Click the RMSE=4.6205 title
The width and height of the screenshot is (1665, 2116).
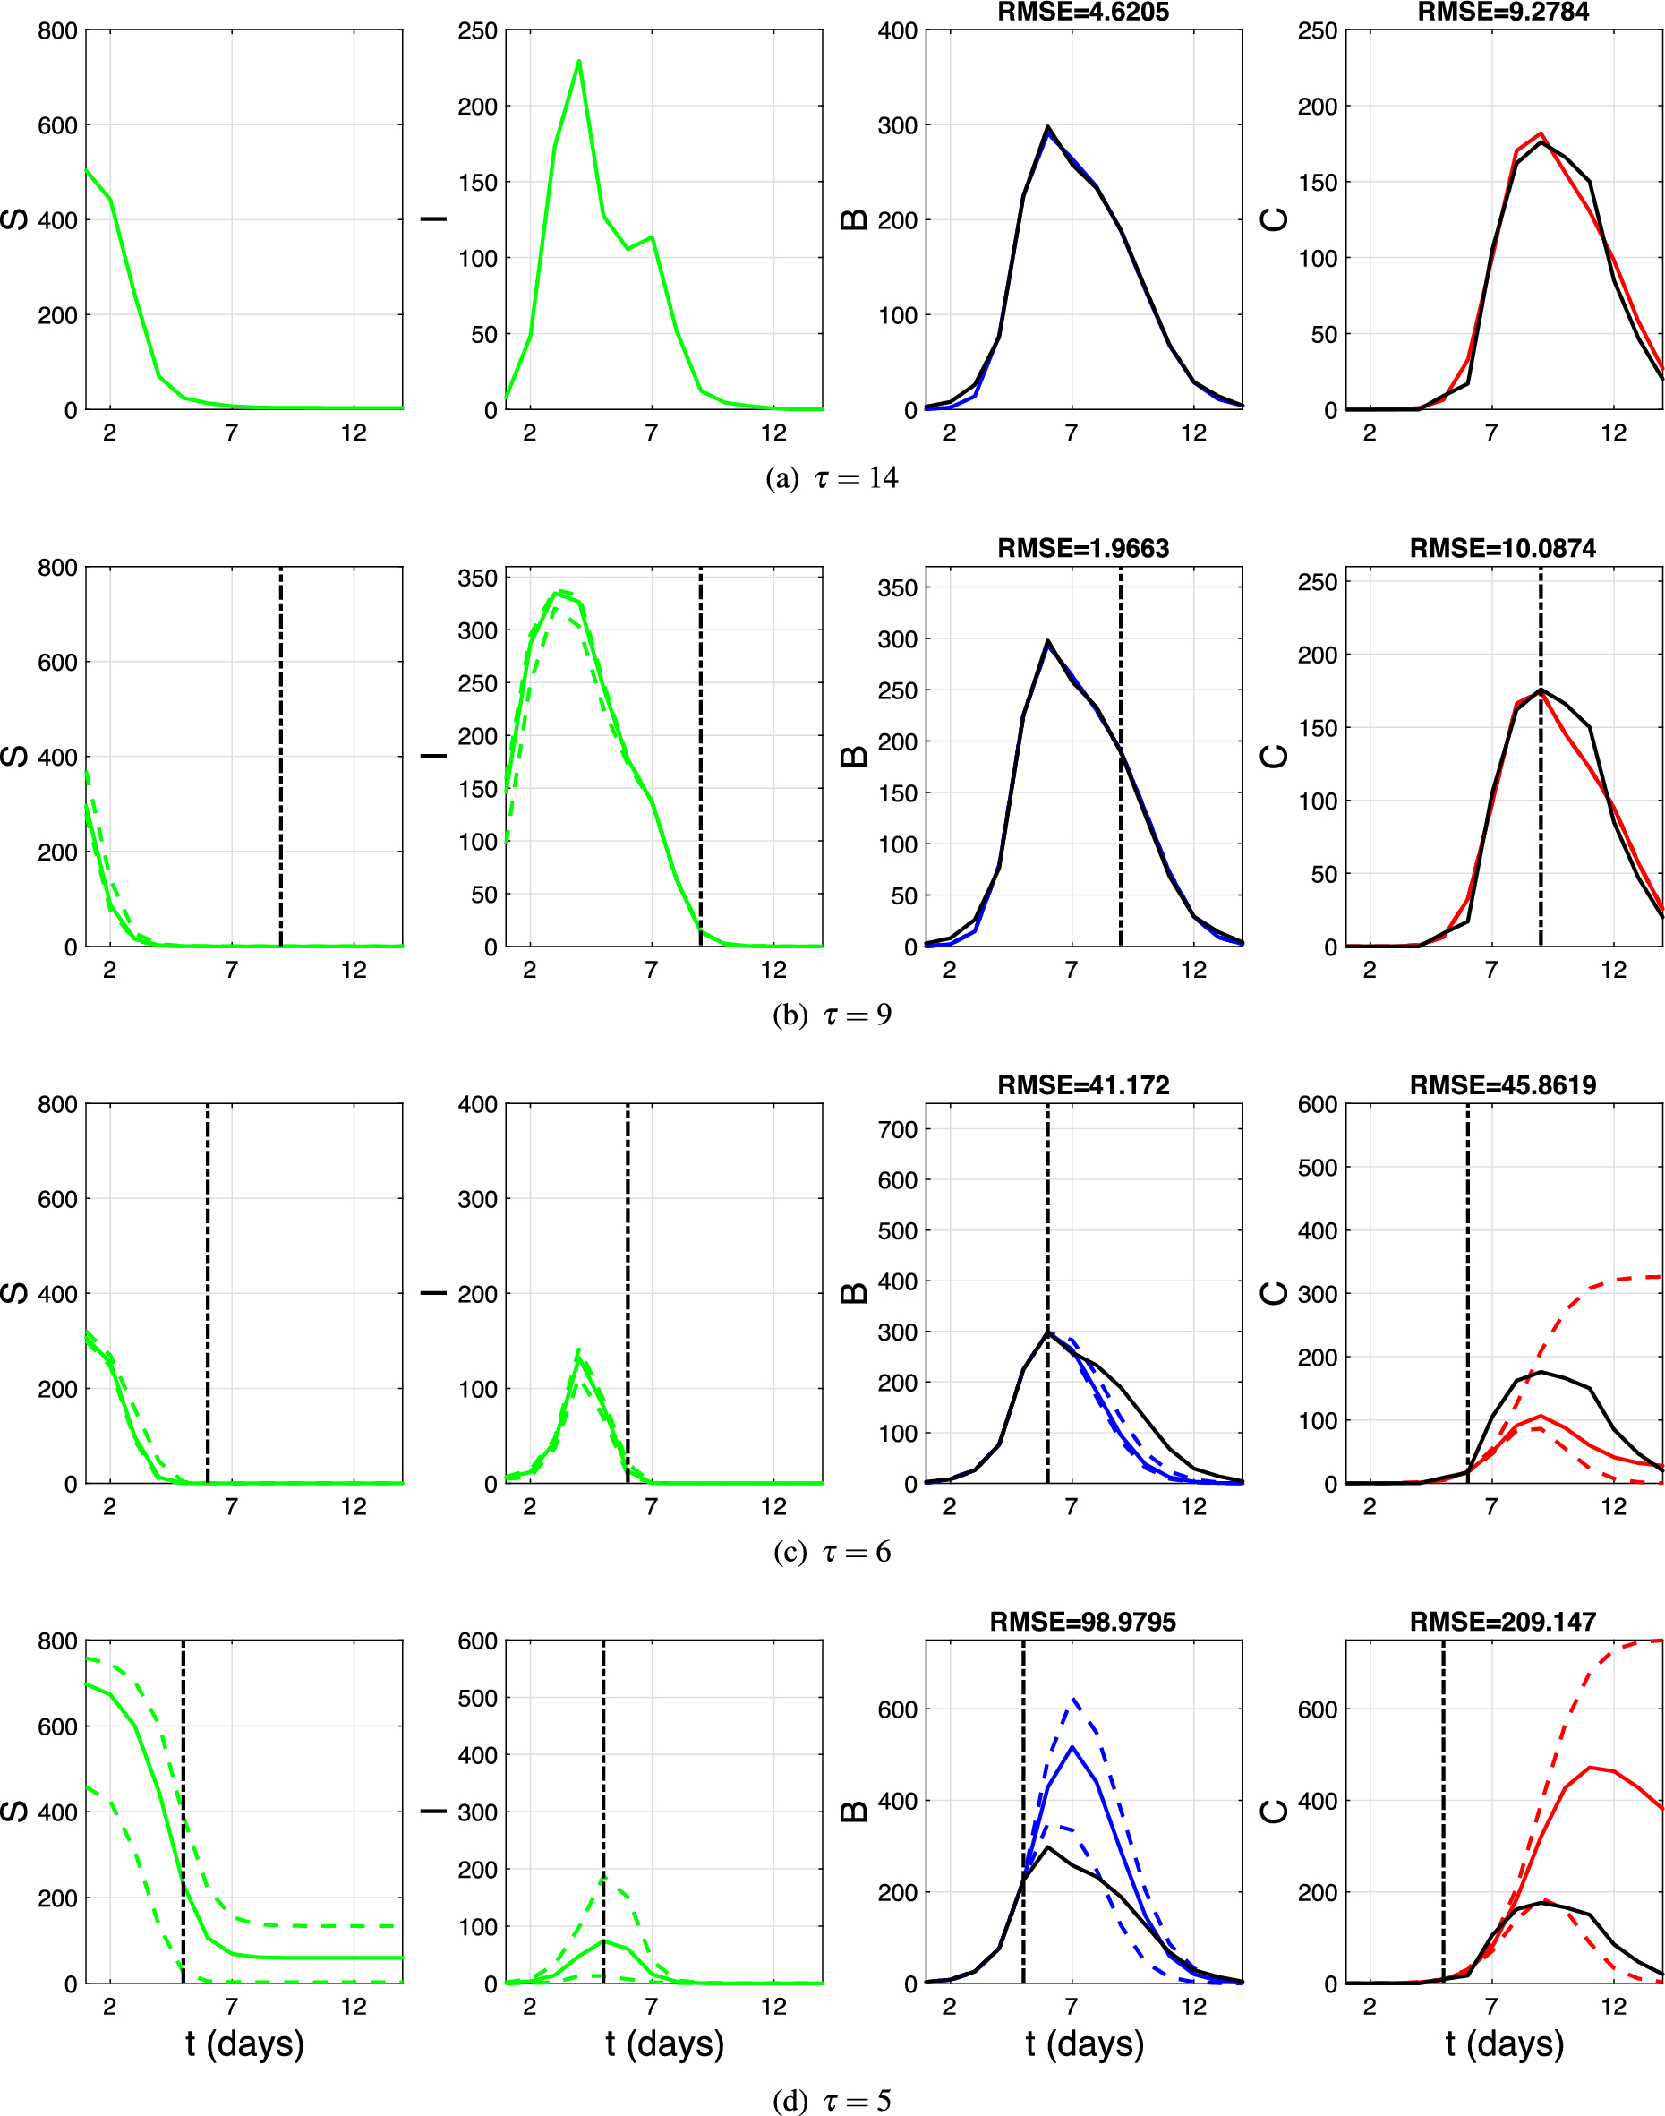point(1083,12)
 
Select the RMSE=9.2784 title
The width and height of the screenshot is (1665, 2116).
point(1503,12)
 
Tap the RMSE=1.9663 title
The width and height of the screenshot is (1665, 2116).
point(1083,548)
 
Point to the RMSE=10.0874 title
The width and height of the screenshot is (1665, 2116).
point(1503,548)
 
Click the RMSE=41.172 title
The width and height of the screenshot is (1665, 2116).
point(1083,1085)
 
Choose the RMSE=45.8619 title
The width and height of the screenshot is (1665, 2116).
point(1503,1085)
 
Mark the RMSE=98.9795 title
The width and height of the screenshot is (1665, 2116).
point(1083,1622)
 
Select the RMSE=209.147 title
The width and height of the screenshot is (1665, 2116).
point(1503,1622)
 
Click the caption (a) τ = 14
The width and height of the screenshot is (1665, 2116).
point(832,478)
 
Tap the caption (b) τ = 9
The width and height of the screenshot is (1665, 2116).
point(832,1015)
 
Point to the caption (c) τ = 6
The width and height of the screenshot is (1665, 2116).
point(832,1552)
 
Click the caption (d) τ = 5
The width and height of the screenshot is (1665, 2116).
point(832,2099)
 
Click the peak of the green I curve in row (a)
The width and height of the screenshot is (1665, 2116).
point(579,62)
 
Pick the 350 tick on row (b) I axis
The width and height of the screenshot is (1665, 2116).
point(478,578)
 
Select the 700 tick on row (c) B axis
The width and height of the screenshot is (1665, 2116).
point(898,1129)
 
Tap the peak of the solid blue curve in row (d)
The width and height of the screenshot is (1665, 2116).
point(1072,1746)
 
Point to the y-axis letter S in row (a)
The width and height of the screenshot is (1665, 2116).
point(14,219)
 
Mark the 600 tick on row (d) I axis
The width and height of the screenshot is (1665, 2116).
point(478,1641)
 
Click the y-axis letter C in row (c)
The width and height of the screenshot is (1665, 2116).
point(1275,1294)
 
